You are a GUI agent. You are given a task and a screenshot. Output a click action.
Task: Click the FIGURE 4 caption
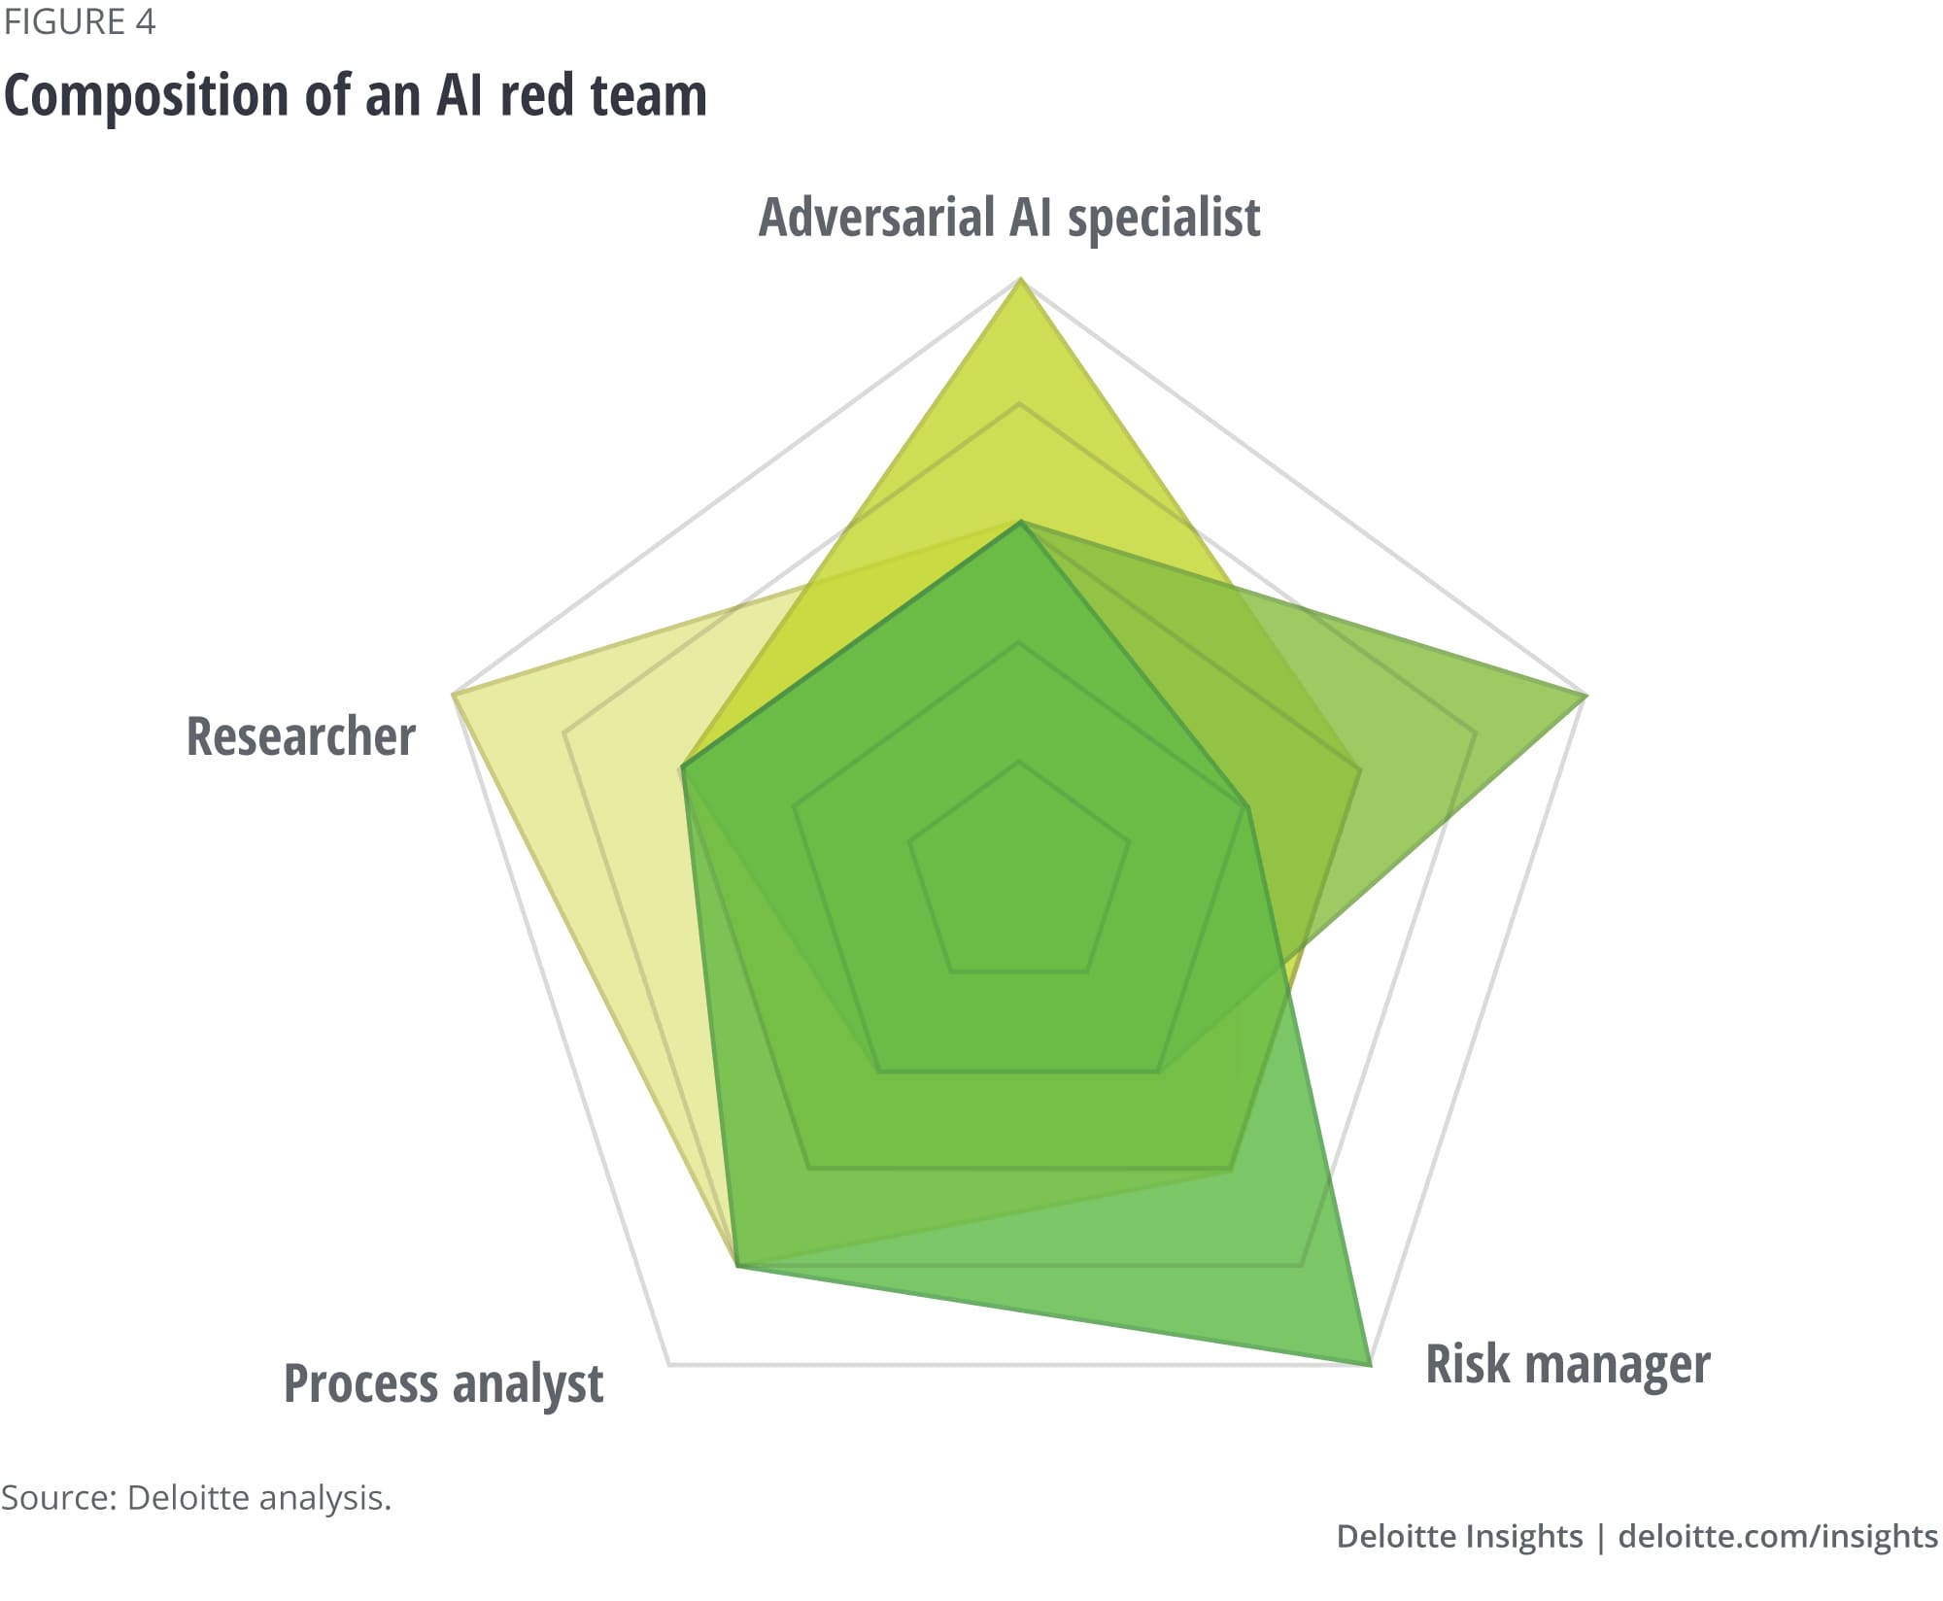coord(80,21)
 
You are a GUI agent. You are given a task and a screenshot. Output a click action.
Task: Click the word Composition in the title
coord(147,96)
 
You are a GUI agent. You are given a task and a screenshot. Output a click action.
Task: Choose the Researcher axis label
coord(301,736)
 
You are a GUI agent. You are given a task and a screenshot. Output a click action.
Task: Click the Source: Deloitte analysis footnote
coord(196,1497)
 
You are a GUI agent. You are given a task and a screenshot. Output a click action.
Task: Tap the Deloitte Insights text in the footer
coord(1459,1536)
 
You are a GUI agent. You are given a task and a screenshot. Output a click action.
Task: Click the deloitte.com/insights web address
coord(1778,1536)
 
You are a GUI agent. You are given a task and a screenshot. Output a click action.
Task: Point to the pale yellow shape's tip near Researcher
coord(454,694)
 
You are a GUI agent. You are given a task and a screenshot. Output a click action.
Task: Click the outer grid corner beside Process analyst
coord(670,1365)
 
